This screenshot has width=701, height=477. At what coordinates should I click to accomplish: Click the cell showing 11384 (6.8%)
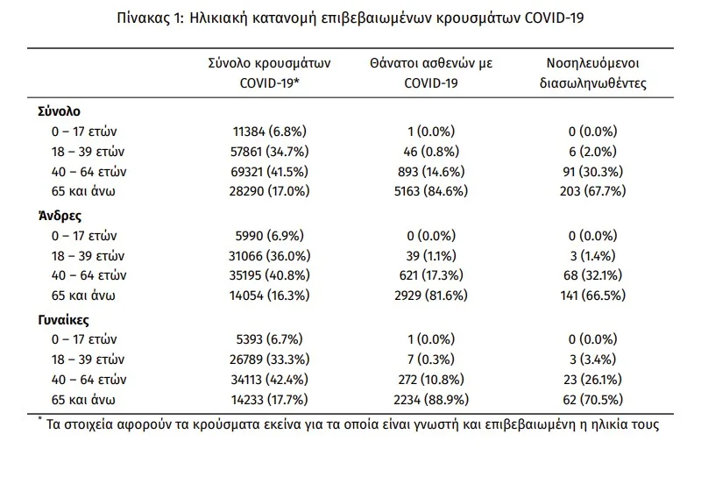(x=270, y=132)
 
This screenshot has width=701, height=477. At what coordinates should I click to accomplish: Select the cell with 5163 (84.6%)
(x=431, y=191)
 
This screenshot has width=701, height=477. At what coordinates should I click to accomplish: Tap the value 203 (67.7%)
(x=593, y=191)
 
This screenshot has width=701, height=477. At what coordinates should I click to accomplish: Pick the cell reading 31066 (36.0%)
(x=270, y=256)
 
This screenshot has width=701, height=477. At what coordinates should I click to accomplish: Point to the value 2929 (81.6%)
(x=431, y=295)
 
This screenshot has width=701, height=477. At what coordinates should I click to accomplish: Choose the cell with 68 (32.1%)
(x=593, y=275)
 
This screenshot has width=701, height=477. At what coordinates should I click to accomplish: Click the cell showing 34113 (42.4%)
(x=270, y=380)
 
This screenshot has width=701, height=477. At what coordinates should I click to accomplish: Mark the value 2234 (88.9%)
(x=431, y=400)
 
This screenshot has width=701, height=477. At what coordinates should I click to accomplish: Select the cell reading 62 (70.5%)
(x=593, y=400)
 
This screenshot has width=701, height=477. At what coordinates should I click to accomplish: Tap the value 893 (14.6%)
(x=431, y=171)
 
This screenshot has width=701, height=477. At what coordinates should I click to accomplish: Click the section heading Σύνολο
(x=59, y=111)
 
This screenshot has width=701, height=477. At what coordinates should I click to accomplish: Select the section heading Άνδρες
(x=60, y=216)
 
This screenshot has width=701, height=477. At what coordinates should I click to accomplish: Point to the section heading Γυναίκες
(x=63, y=320)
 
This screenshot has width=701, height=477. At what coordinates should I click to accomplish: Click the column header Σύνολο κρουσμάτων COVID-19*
(x=270, y=73)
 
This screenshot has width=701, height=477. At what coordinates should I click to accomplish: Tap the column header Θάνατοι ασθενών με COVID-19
(x=431, y=73)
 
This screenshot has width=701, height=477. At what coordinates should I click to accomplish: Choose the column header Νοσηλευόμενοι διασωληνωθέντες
(x=593, y=73)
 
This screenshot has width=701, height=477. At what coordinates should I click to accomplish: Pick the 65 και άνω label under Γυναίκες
(x=83, y=400)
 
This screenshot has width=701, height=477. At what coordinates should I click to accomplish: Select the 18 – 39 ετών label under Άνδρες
(x=89, y=256)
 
